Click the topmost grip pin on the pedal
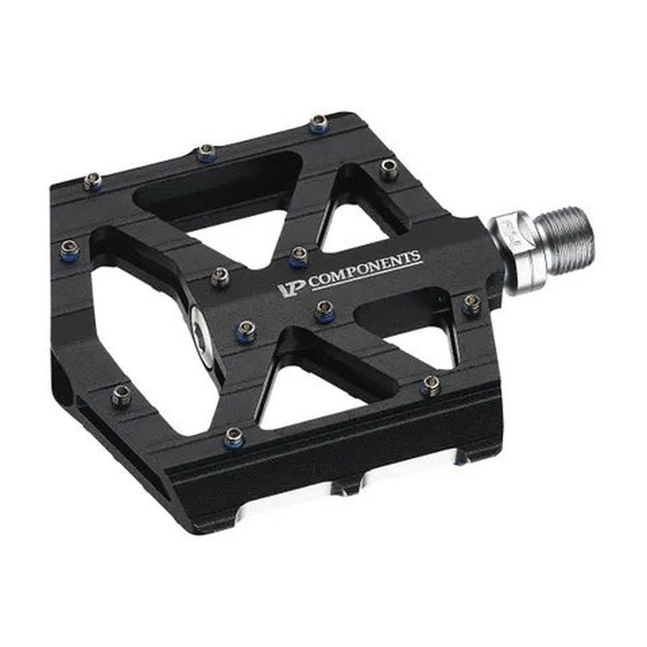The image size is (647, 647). (x=318, y=123)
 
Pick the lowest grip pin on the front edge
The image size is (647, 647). (x=235, y=436)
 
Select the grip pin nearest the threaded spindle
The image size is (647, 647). (x=472, y=303)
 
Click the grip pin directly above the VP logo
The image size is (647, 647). (x=298, y=255)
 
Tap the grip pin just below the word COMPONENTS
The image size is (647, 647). (x=325, y=310)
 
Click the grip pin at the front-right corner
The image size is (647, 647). (x=432, y=384)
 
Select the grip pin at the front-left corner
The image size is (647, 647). (x=121, y=395)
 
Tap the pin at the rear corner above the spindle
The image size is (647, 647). (x=389, y=169)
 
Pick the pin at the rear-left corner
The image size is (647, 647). (x=92, y=180)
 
